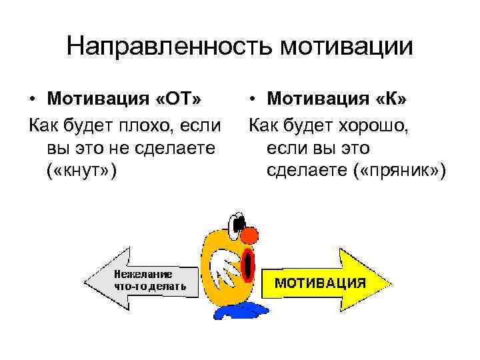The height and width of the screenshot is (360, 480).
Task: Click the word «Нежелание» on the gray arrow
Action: point(143,273)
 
